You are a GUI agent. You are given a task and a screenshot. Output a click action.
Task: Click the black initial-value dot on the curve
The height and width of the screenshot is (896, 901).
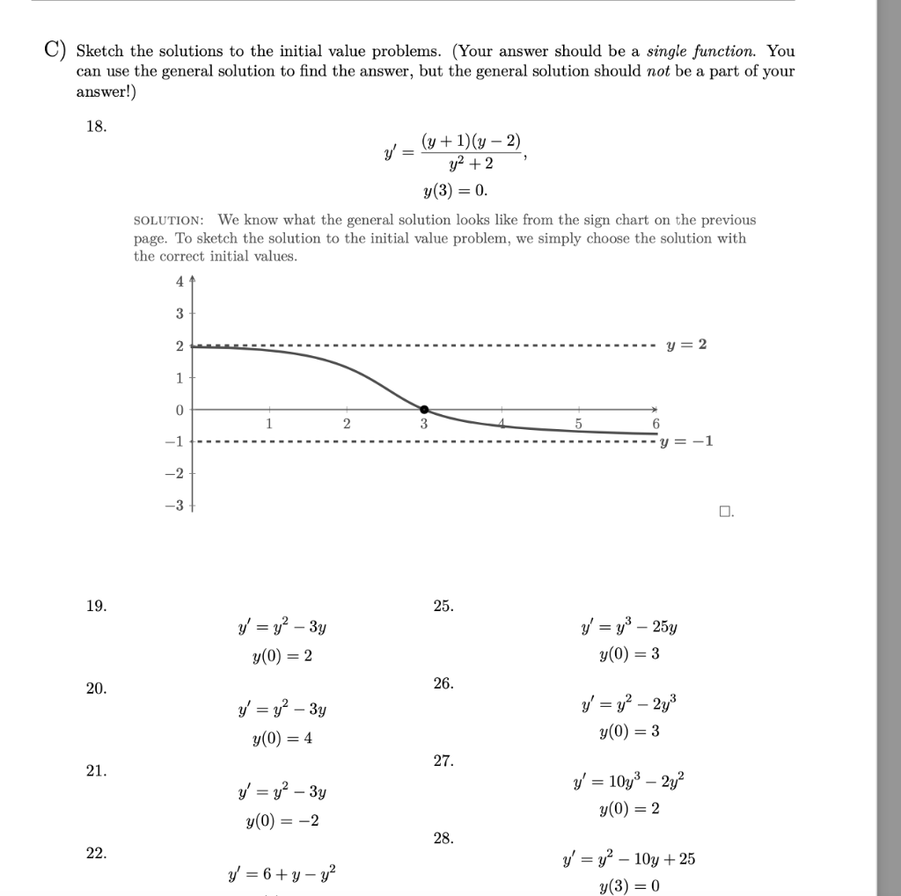(x=424, y=410)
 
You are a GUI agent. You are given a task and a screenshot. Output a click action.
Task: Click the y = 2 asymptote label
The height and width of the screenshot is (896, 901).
(x=687, y=345)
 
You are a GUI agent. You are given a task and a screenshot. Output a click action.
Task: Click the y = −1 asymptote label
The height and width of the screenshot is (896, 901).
(x=691, y=441)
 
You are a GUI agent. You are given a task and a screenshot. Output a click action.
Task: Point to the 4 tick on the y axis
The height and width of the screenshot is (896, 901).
(x=179, y=282)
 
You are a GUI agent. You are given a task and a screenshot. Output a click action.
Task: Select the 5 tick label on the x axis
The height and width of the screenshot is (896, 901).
(x=578, y=423)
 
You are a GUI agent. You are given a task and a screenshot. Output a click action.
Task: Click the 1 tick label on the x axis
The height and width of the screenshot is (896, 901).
(x=269, y=423)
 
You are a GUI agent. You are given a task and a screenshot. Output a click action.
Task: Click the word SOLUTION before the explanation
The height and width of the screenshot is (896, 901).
(x=169, y=220)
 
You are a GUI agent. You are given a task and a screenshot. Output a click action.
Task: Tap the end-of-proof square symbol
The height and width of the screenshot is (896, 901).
(x=724, y=511)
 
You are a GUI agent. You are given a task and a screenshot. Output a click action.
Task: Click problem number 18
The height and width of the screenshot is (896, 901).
(x=96, y=126)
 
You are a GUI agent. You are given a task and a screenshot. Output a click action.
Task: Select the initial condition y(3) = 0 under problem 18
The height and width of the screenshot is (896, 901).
(x=455, y=191)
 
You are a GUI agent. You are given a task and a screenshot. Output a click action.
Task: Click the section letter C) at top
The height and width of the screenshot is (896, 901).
(x=56, y=51)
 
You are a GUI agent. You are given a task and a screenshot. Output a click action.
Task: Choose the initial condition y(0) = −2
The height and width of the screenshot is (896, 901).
(x=282, y=821)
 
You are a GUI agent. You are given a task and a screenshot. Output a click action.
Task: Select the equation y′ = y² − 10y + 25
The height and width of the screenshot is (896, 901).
(x=629, y=858)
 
